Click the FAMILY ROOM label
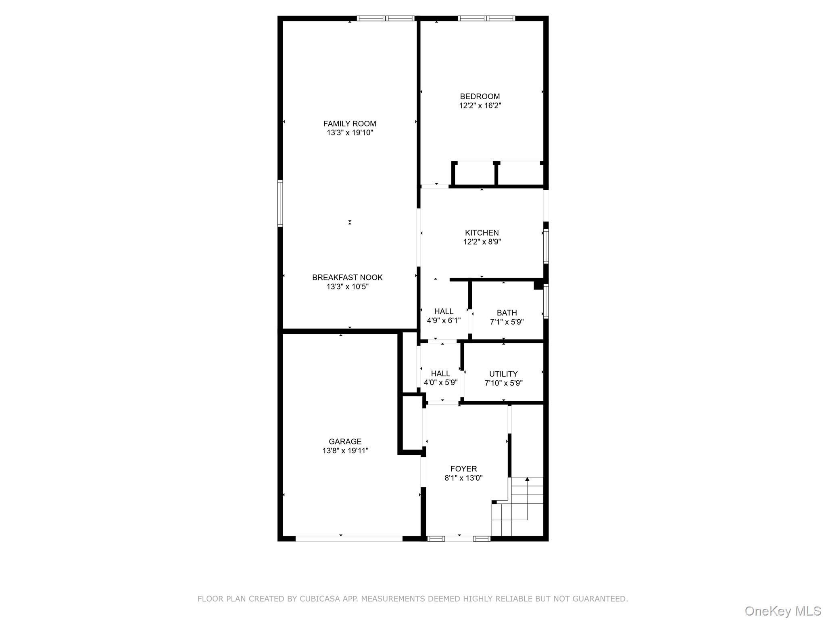tap(349, 124)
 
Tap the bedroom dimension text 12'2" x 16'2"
tap(480, 106)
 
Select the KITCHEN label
tap(482, 233)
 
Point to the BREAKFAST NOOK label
tap(347, 278)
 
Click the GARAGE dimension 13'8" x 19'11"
tap(345, 451)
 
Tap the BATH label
tap(507, 313)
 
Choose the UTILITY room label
tap(503, 374)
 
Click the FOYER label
tap(463, 469)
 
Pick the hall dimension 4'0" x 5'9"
tap(440, 383)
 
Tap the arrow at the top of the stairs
tap(527, 480)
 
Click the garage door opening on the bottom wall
tap(349, 538)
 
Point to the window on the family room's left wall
tap(280, 203)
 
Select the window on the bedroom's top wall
tap(486, 18)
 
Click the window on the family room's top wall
tap(386, 18)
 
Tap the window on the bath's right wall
tap(546, 302)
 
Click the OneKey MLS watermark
tap(782, 611)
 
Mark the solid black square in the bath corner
tap(538, 285)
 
